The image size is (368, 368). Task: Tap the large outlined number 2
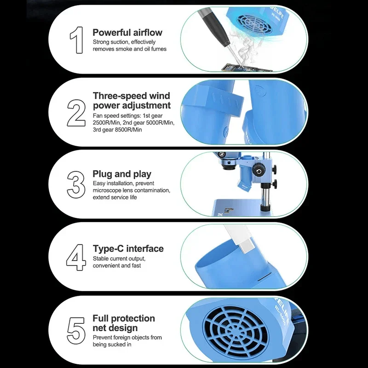click(x=76, y=113)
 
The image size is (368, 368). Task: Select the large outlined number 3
click(x=76, y=185)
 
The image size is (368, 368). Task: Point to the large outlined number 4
click(x=76, y=257)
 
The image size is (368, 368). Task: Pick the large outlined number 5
click(x=76, y=331)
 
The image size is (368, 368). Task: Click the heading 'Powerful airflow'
click(x=127, y=32)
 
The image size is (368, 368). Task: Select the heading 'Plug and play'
click(x=122, y=174)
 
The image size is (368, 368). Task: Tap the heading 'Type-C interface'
click(x=128, y=248)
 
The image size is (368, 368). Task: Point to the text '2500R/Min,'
click(x=107, y=122)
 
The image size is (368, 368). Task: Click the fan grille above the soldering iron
click(x=255, y=23)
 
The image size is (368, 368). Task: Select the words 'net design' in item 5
click(x=115, y=328)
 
